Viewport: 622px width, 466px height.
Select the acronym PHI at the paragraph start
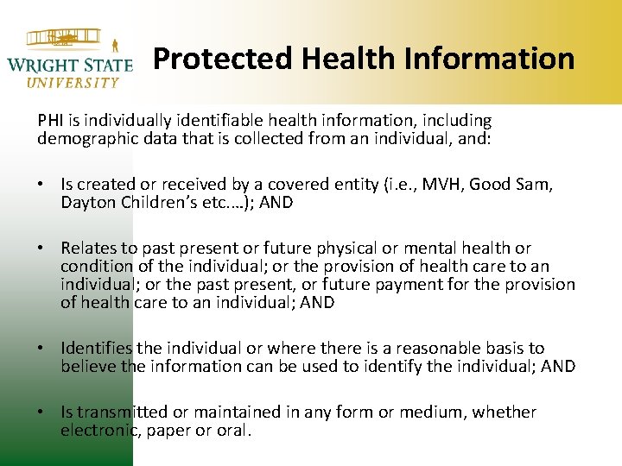(x=51, y=121)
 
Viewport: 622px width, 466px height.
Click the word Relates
(x=87, y=249)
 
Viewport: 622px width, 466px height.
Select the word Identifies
(x=96, y=349)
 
